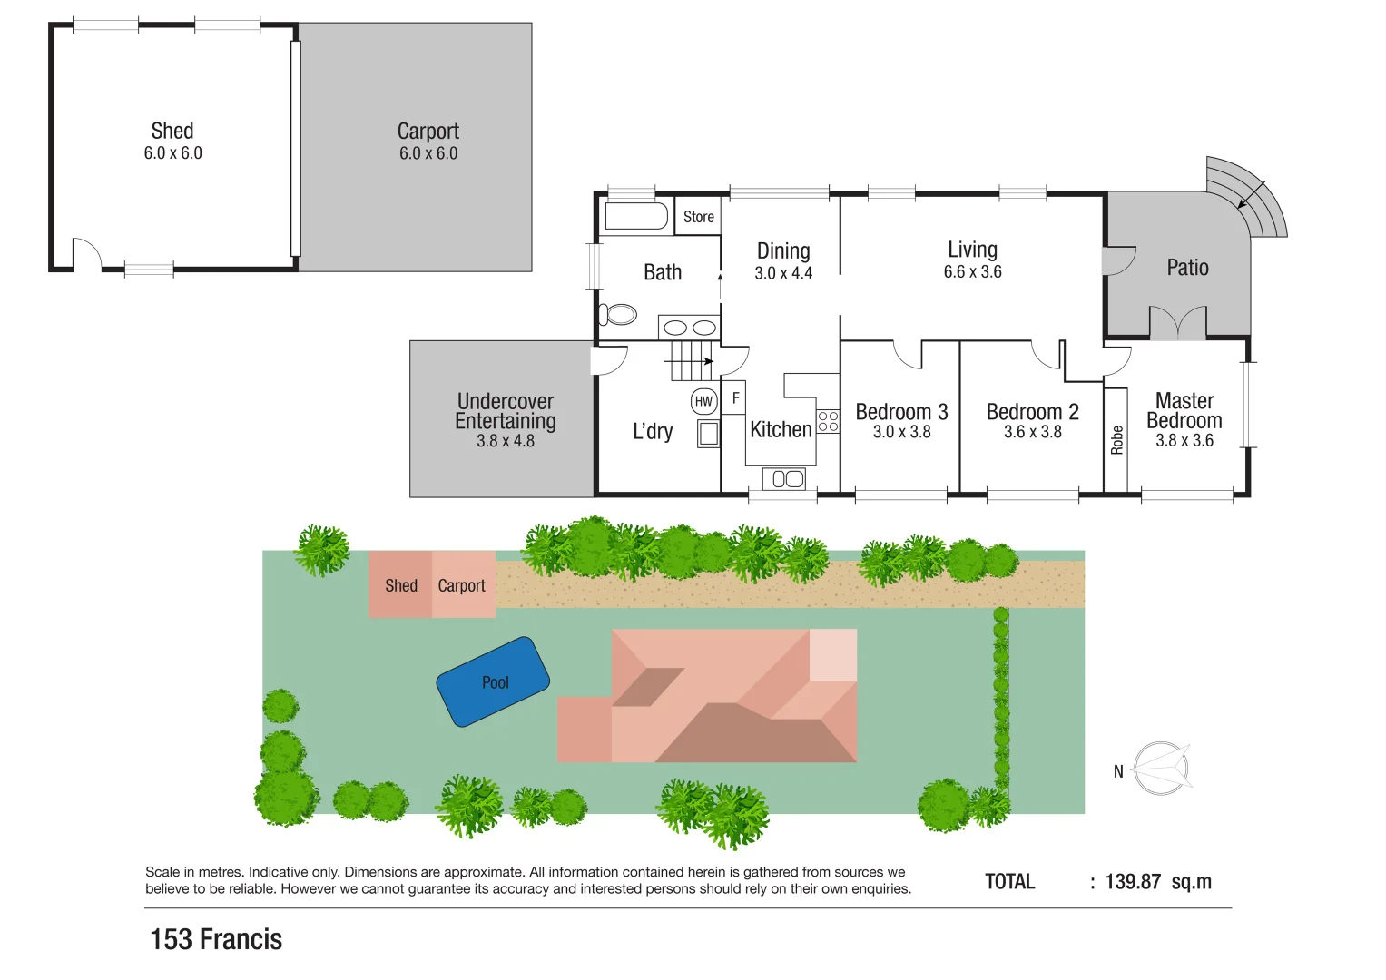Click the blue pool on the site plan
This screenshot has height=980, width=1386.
pos(494,681)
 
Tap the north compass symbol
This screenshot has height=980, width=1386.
pos(1161,769)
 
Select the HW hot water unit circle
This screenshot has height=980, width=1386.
pos(703,401)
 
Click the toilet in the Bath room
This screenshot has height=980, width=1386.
pos(619,315)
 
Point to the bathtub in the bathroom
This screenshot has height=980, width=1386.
pos(636,216)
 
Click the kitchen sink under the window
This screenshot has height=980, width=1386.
pos(783,478)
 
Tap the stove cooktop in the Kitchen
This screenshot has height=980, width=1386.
pos(828,421)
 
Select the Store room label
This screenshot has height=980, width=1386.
pos(698,217)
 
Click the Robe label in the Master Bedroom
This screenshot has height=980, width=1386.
pos(1116,440)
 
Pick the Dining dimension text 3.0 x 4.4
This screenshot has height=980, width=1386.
pos(783,273)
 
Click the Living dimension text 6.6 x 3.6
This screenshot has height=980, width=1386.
pos(972,271)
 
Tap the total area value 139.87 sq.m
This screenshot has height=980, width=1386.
pos(1158,882)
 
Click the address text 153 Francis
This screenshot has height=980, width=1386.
pos(216,939)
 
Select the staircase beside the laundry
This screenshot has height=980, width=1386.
pos(693,360)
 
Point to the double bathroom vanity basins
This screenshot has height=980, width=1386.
pos(689,328)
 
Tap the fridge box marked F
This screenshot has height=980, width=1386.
pos(734,398)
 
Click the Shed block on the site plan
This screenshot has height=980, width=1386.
pos(400,585)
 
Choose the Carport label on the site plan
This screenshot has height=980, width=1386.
pos(461,585)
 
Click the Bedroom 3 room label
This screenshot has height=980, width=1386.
pos(901,412)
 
